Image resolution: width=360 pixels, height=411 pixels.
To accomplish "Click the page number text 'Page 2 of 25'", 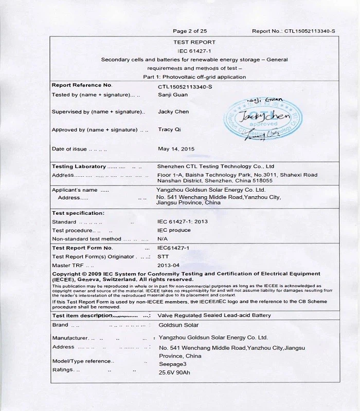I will pos(190,31).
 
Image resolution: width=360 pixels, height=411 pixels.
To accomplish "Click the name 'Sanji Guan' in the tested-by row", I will pos(173,95).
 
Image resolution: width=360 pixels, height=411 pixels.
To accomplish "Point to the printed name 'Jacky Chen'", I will pos(173,111).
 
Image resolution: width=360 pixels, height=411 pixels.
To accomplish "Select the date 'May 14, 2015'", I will pos(176,149).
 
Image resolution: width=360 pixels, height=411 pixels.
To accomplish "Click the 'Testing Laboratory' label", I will pos(78,166).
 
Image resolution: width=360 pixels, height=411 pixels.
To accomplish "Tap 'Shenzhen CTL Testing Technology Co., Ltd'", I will pos(215,166).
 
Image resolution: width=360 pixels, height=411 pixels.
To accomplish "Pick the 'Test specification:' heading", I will pos(78,213).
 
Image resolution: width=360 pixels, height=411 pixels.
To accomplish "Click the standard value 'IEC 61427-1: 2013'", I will pos(183,222).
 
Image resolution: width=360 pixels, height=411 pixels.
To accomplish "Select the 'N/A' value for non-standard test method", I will pos(163,239).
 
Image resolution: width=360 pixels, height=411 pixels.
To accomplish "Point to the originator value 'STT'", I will pos(163,256).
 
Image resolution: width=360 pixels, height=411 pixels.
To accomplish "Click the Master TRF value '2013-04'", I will pos(168,265).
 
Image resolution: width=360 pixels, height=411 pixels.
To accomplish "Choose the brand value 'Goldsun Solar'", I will pos(177,325).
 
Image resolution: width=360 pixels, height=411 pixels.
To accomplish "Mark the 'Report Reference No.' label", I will pos(82,85).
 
